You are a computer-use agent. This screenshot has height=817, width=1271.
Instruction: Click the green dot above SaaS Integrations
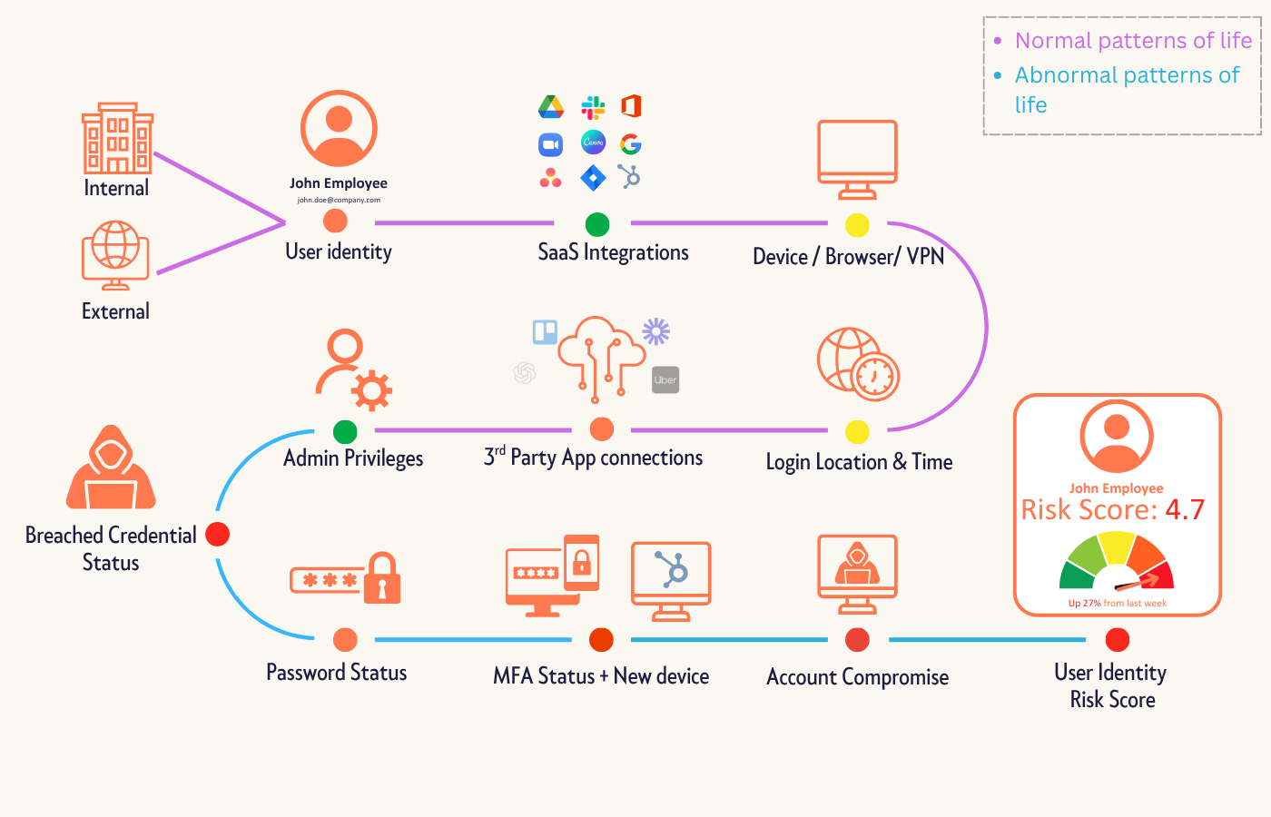(597, 224)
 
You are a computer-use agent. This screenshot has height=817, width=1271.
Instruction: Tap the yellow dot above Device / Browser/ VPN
(857, 225)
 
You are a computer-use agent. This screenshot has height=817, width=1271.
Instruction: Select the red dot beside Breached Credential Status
(218, 535)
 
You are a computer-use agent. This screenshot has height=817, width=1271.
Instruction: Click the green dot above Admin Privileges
(345, 431)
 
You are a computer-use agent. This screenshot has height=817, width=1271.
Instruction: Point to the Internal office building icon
(118, 138)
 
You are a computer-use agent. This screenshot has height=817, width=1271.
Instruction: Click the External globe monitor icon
(115, 254)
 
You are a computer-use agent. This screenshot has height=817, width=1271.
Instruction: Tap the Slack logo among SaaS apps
(593, 108)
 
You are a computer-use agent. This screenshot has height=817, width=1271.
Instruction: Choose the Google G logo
(631, 143)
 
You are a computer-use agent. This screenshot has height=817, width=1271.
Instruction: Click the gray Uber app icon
(665, 380)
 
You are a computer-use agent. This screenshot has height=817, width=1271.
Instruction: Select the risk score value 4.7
(1185, 510)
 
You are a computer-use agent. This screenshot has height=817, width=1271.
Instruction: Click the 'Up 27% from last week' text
(1118, 603)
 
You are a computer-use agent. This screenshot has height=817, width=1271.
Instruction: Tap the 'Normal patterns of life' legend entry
(1133, 41)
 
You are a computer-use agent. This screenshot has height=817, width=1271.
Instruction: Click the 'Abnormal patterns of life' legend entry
(1127, 89)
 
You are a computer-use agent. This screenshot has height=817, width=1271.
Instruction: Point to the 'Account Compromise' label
(857, 677)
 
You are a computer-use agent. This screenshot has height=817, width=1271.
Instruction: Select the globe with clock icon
(858, 365)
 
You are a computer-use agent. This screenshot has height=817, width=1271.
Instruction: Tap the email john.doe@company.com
(339, 200)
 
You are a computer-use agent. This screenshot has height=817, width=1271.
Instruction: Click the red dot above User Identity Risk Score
(1118, 640)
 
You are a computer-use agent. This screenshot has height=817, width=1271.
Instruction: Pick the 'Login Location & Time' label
(859, 462)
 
